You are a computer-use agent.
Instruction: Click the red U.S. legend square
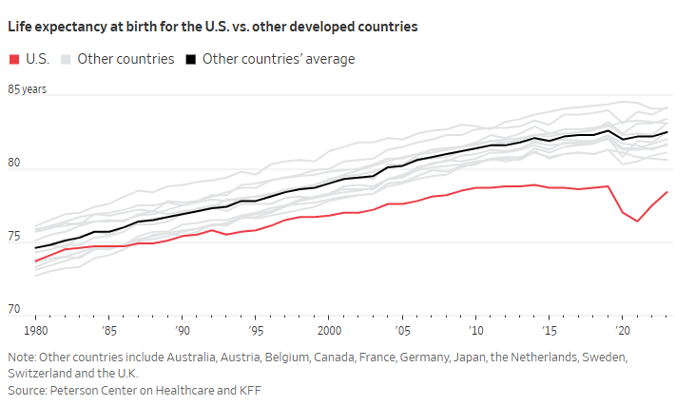(13, 59)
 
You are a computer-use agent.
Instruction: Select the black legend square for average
(191, 59)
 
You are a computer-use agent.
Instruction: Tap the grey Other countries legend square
(65, 59)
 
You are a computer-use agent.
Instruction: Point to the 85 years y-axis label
(28, 89)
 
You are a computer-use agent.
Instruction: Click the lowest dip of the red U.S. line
(638, 222)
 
